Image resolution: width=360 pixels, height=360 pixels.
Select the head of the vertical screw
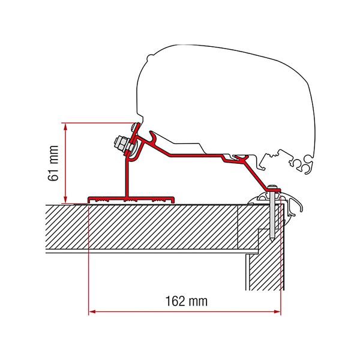click(274, 188)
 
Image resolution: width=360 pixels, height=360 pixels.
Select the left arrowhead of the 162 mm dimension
click(92, 311)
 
